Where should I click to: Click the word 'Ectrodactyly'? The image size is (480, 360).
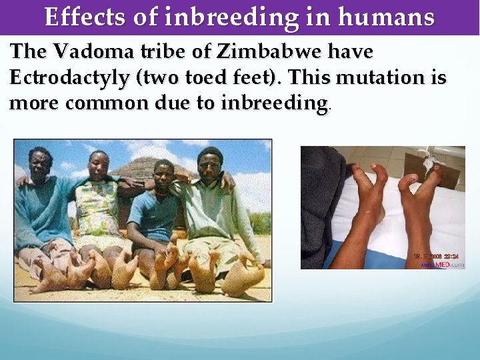point(70,77)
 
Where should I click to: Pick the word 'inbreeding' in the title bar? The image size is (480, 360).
point(260,17)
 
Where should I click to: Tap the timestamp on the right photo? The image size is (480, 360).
point(437,255)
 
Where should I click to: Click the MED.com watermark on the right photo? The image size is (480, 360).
point(447,265)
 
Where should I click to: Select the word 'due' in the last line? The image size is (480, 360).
point(168,103)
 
